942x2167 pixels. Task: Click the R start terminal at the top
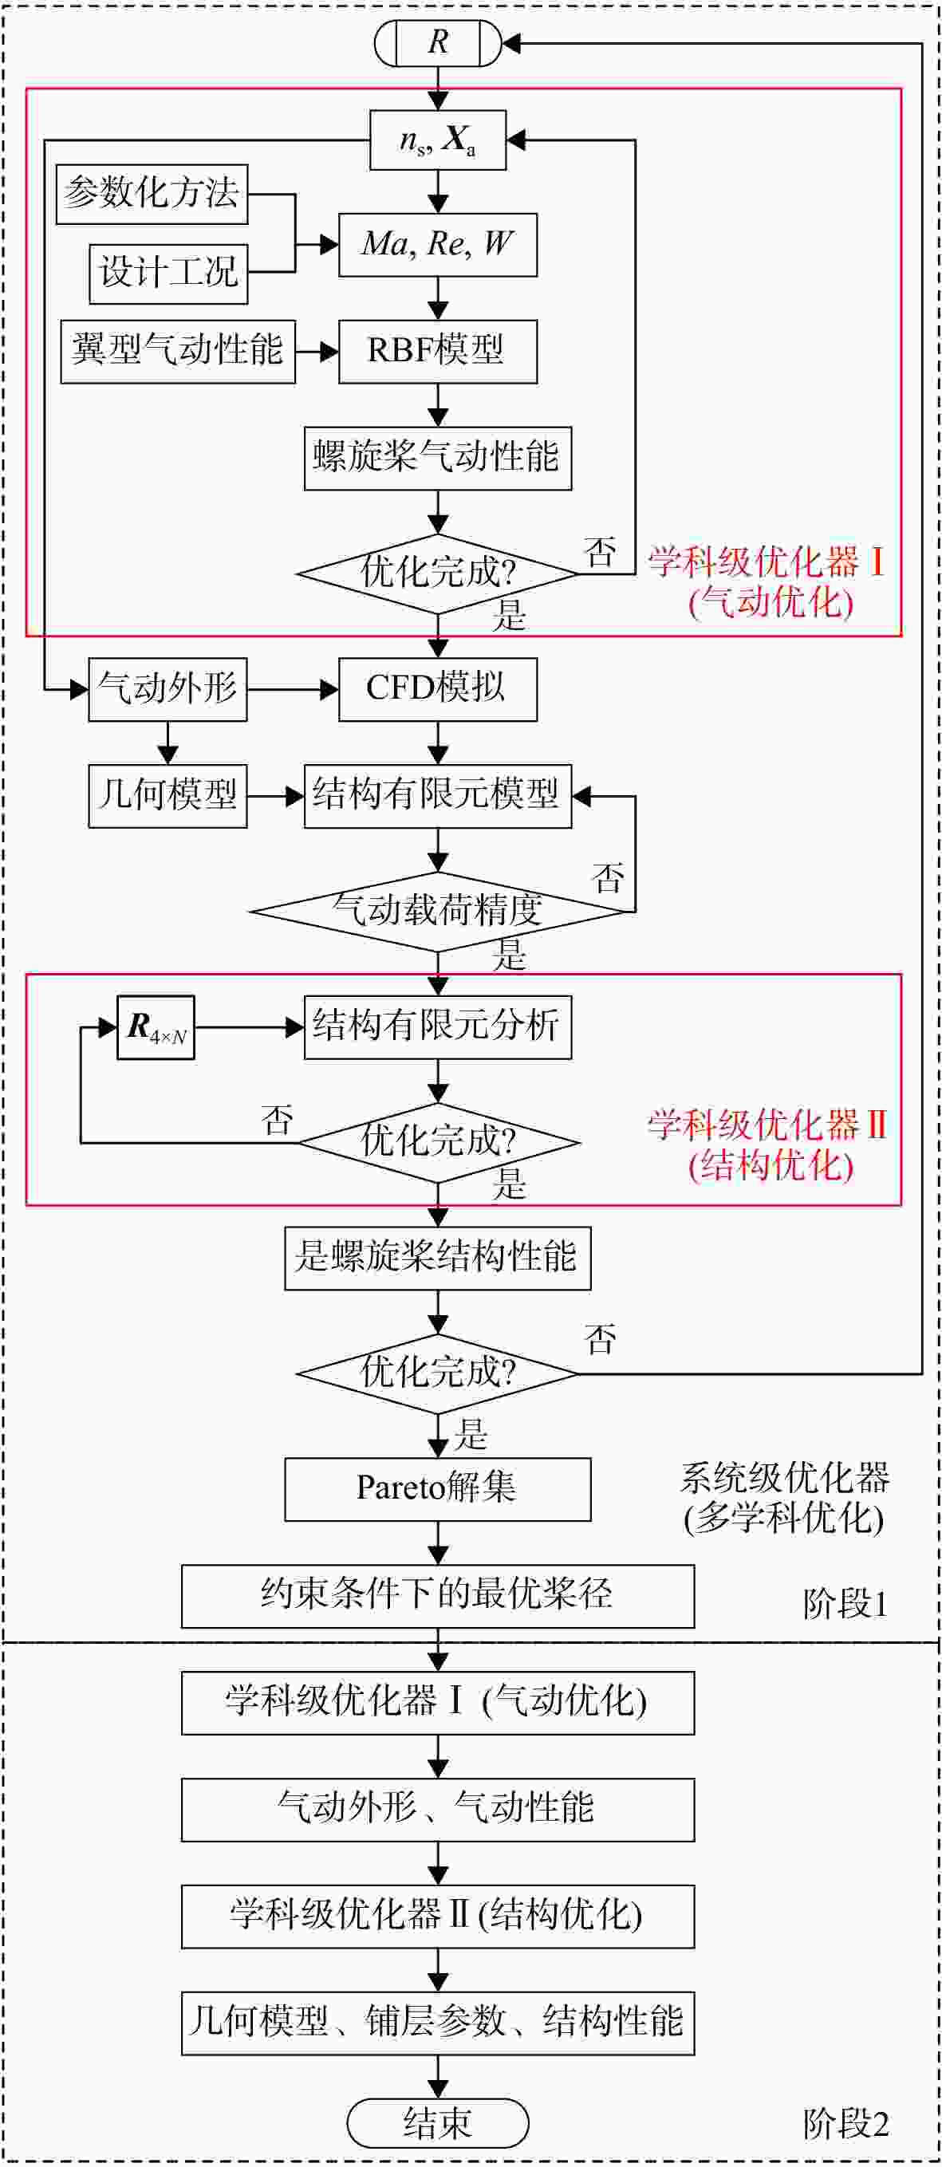coord(437,42)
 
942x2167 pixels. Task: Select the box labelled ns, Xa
coord(438,140)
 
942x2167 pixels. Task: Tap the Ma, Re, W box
coord(438,245)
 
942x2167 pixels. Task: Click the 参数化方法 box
coord(152,195)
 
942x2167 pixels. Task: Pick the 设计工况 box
coord(169,274)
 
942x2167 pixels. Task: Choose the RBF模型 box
coord(438,352)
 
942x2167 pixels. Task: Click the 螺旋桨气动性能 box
coord(438,459)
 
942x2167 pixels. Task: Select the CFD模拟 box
coord(438,690)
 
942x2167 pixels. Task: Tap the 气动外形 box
coord(168,690)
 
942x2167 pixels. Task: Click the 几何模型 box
coord(168,796)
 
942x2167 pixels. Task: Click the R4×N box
coord(156,1027)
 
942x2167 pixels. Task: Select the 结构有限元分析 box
coord(438,1027)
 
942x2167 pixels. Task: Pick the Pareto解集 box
coord(438,1489)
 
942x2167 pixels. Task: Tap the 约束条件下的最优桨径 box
coord(438,1596)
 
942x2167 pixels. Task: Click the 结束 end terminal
coord(438,2122)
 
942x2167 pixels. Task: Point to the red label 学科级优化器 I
coord(767,562)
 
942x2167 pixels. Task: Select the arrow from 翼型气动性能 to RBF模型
coord(317,352)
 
